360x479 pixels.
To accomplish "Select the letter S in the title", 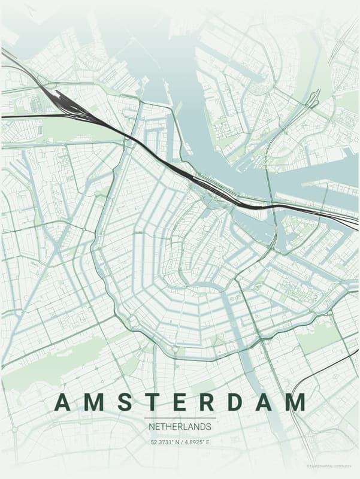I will (126, 402).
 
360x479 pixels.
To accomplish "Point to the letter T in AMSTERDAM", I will (152, 402).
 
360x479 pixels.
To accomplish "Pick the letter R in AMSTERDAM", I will (205, 402).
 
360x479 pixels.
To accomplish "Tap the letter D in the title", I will (234, 402).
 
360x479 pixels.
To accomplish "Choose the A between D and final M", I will (263, 402).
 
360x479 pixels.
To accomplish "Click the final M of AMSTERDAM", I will (295, 402).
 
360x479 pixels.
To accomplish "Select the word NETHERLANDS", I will (180, 427).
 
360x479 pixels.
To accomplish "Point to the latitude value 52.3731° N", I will (166, 442).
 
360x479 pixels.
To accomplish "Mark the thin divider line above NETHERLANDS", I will (180, 417).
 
